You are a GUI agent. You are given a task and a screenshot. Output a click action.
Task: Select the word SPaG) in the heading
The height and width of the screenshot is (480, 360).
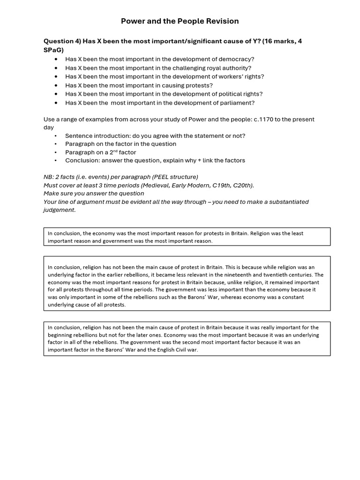point(53,50)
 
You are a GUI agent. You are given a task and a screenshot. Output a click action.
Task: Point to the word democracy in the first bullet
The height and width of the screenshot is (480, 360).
point(235,59)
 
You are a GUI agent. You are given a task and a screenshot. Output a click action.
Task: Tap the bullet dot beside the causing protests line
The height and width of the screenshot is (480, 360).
point(57,85)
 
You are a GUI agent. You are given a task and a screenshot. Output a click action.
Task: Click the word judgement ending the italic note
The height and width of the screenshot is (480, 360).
point(59,210)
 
